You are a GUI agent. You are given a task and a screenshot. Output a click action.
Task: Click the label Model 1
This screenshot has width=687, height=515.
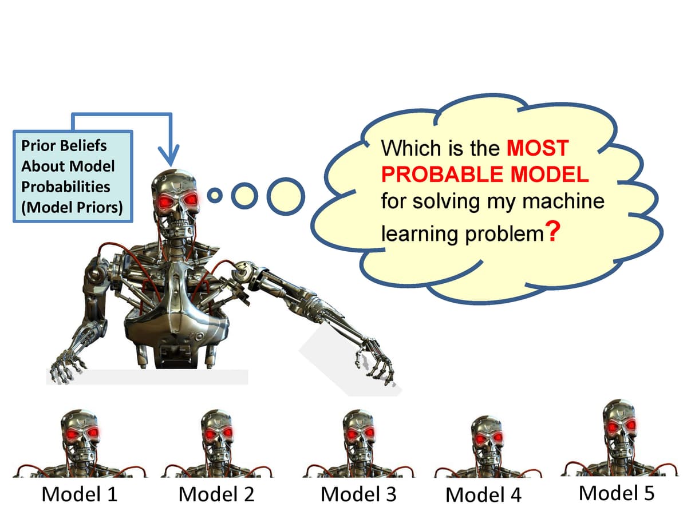(79, 494)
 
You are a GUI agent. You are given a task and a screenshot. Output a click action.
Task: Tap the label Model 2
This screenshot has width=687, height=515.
(216, 494)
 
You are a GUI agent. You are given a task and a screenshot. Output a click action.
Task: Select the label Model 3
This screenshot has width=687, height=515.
(358, 494)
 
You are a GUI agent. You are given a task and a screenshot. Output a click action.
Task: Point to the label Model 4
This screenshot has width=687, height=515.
(483, 494)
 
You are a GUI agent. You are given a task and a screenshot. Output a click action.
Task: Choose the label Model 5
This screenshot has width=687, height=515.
(616, 492)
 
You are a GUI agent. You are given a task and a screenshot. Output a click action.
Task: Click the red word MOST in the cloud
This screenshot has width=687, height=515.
(537, 149)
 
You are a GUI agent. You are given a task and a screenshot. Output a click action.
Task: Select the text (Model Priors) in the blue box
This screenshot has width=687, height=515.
(72, 207)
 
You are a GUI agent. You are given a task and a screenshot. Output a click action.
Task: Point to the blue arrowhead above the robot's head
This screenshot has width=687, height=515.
(169, 155)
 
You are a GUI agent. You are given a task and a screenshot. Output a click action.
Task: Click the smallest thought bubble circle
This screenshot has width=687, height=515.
(215, 196)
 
